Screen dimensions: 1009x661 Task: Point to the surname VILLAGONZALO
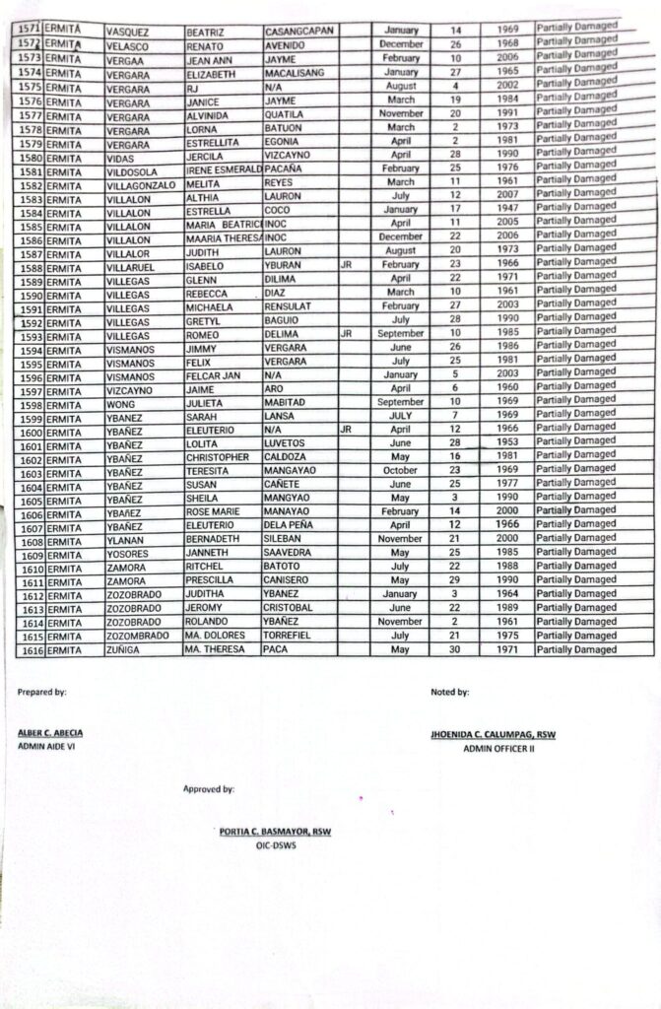pyautogui.click(x=141, y=184)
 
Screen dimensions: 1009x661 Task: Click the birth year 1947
pyautogui.click(x=506, y=209)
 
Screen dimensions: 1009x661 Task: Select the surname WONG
pyautogui.click(x=121, y=402)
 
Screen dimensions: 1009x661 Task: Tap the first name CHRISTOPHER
pyautogui.click(x=218, y=458)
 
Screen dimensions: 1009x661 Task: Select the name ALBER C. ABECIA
pyautogui.click(x=50, y=734)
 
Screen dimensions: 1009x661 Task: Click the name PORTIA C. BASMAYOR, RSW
pyautogui.click(x=275, y=832)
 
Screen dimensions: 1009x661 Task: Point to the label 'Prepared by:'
pyautogui.click(x=41, y=692)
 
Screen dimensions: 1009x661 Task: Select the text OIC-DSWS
pyautogui.click(x=275, y=844)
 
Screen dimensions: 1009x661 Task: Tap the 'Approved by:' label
pyautogui.click(x=208, y=789)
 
